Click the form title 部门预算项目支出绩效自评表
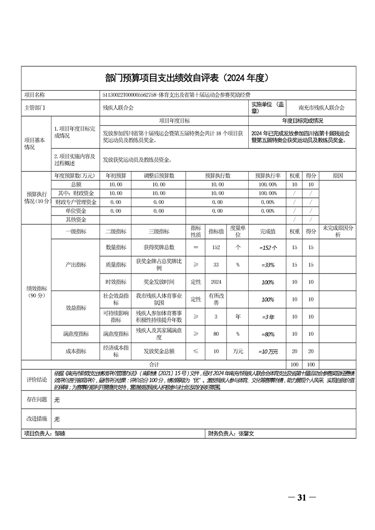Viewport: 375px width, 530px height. (187, 77)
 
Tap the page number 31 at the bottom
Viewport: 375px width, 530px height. (302, 497)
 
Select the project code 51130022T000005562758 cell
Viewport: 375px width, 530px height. (180, 95)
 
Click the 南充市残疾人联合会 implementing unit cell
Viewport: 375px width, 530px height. (322, 108)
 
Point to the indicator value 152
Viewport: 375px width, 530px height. (217, 247)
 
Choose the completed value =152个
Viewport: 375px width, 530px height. (268, 247)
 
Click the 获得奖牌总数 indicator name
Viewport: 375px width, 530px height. (159, 247)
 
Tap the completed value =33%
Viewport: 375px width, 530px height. (268, 265)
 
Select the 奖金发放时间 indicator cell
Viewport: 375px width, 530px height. (159, 282)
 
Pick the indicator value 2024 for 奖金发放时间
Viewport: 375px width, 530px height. (217, 282)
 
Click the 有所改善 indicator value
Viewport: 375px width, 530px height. (217, 299)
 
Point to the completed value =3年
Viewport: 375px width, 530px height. (268, 316)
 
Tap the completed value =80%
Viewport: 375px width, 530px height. (268, 334)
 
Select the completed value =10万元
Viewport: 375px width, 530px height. (268, 351)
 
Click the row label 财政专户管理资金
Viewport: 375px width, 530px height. (76, 202)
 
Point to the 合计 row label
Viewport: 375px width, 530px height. (154, 365)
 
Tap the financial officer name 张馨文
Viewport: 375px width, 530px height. (246, 433)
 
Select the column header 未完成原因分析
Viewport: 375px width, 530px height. (338, 231)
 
